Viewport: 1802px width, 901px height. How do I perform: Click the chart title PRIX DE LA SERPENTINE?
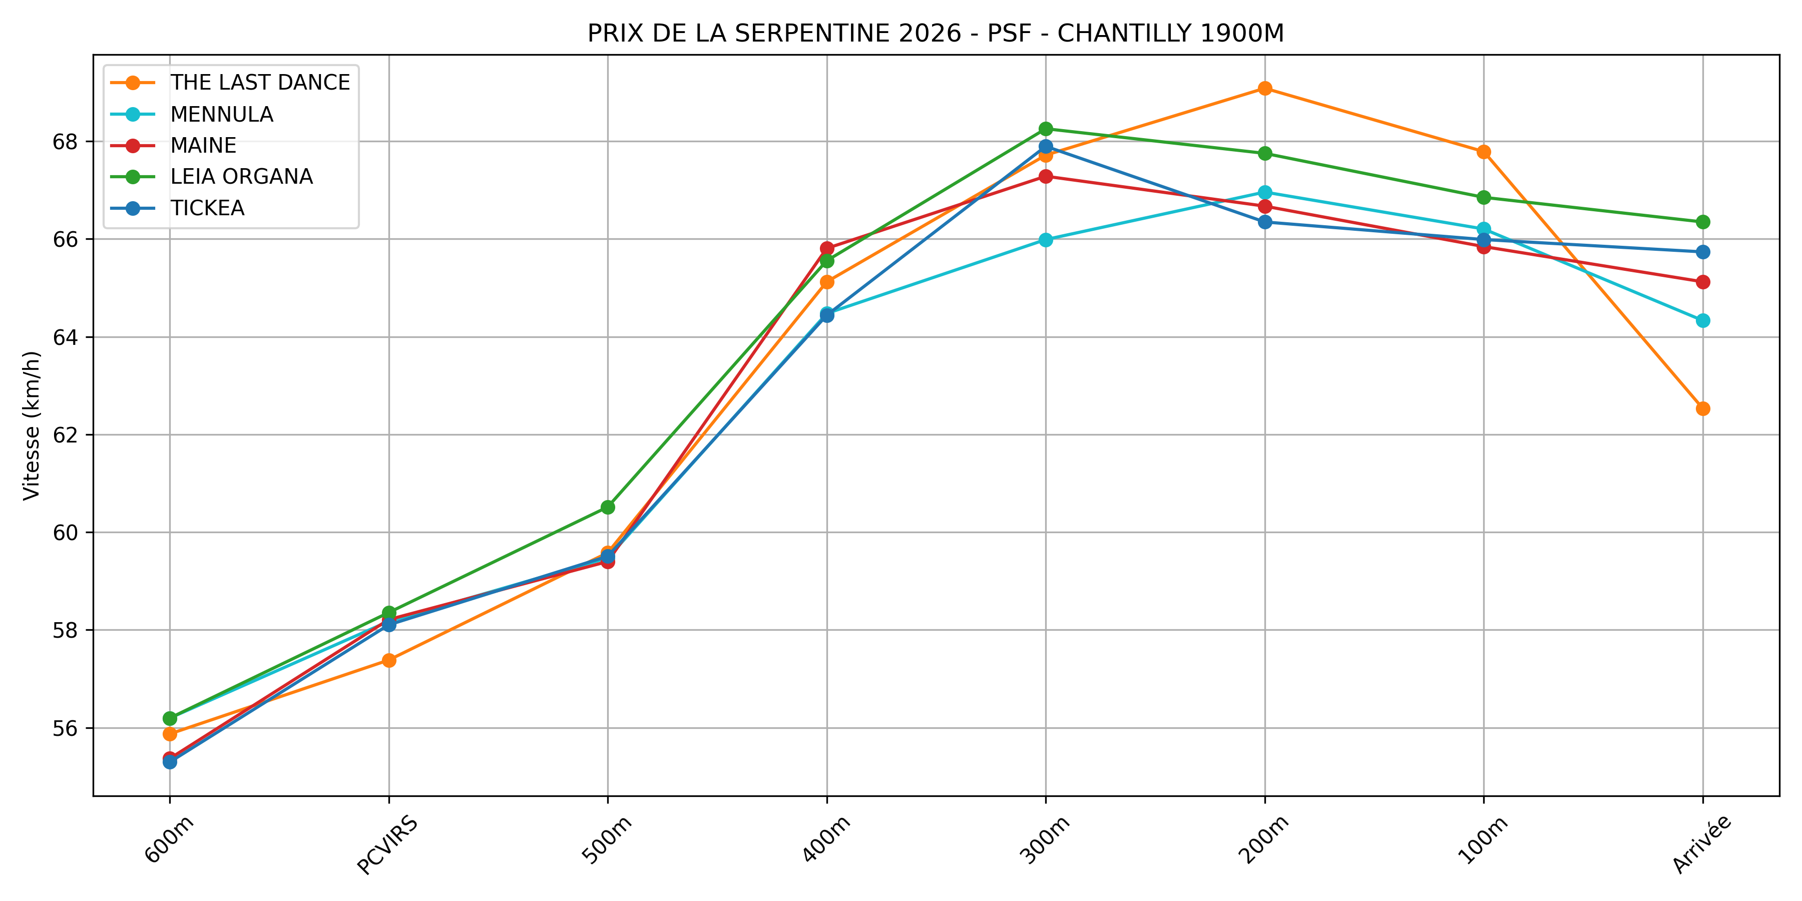(x=935, y=33)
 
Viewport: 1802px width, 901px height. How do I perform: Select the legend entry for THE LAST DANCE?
(x=259, y=83)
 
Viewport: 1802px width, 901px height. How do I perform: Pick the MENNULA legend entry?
(x=222, y=114)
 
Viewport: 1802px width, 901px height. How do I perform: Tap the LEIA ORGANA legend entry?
(x=241, y=176)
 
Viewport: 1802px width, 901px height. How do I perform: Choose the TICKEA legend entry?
(x=207, y=208)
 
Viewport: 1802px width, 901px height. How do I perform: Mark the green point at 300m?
(x=1046, y=129)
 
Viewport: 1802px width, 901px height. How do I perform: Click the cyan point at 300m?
(x=1046, y=240)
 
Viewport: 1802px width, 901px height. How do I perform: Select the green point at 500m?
(x=608, y=507)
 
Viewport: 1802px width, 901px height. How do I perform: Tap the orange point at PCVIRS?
(x=389, y=660)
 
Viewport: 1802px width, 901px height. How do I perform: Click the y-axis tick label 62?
(x=65, y=435)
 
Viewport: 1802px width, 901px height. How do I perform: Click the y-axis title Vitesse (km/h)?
(x=32, y=425)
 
